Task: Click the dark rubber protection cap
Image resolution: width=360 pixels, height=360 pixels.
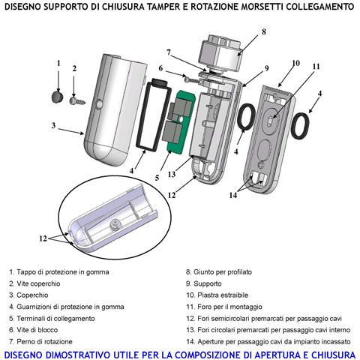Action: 58,97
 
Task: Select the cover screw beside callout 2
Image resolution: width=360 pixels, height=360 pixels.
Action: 77,101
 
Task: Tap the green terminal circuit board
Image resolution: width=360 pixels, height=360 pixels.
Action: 179,121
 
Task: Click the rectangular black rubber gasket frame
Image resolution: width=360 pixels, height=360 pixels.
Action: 153,115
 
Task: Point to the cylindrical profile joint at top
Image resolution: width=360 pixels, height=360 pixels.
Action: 221,53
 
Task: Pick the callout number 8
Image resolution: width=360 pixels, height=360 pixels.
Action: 264,32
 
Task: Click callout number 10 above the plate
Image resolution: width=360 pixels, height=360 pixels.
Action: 295,63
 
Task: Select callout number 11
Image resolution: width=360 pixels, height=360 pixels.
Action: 316,67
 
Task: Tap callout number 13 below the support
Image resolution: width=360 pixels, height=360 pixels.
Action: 172,174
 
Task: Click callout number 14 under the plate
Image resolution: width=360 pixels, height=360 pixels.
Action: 233,195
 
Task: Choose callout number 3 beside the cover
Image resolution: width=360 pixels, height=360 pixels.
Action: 53,125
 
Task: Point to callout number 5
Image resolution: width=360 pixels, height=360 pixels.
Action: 157,178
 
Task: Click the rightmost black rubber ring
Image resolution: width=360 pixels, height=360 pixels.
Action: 300,126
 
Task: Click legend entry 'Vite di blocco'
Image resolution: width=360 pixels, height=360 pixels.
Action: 34,330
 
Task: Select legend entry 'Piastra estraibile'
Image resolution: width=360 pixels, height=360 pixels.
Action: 217,295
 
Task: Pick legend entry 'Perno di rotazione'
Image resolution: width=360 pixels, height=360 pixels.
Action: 40,341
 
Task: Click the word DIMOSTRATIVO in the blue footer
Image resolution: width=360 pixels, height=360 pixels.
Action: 71,355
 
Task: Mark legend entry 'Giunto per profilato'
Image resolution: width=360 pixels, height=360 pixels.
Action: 219,272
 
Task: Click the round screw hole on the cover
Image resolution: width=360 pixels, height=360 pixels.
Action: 99,103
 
